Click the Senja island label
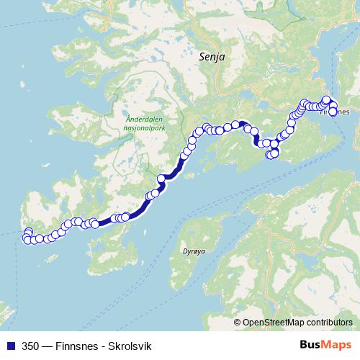point(208,55)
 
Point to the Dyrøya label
point(184,253)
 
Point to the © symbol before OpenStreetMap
point(238,323)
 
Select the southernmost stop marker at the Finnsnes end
point(333,112)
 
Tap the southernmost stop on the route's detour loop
point(272,154)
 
